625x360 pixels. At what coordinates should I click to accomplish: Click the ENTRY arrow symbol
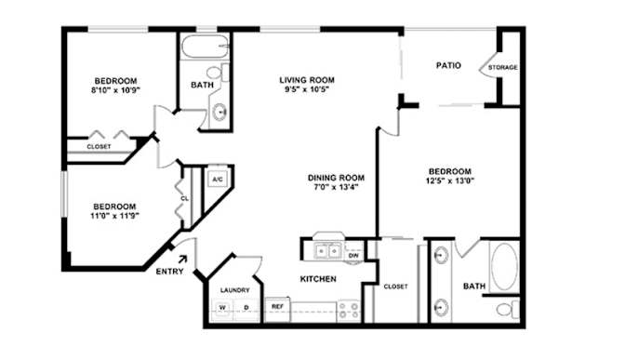pyautogui.click(x=182, y=260)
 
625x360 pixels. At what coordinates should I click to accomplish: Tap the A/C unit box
pyautogui.click(x=218, y=180)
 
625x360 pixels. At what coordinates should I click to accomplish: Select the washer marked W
pyautogui.click(x=222, y=308)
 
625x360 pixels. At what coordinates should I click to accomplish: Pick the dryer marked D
pyautogui.click(x=246, y=308)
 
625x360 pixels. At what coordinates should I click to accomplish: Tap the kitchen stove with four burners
pyautogui.click(x=349, y=310)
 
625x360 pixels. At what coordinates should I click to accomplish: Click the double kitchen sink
pyautogui.click(x=328, y=251)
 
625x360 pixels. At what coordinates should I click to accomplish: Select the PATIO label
pyautogui.click(x=448, y=65)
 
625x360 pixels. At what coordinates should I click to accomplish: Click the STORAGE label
pyautogui.click(x=502, y=67)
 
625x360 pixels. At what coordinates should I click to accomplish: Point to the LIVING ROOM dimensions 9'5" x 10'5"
pyautogui.click(x=307, y=89)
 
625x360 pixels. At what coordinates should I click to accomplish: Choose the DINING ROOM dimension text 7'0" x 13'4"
pyautogui.click(x=336, y=187)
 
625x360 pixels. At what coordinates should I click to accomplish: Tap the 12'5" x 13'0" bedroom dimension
pyautogui.click(x=449, y=180)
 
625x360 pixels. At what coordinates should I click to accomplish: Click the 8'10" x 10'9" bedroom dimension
pyautogui.click(x=115, y=90)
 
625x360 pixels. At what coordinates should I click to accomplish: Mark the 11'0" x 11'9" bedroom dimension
pyautogui.click(x=114, y=216)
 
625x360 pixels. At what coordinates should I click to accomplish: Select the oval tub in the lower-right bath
pyautogui.click(x=504, y=266)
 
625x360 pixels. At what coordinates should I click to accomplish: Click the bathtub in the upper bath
pyautogui.click(x=205, y=47)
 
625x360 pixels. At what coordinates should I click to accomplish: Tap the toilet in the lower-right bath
pyautogui.click(x=508, y=309)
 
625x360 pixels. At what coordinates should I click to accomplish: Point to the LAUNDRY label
pyautogui.click(x=234, y=290)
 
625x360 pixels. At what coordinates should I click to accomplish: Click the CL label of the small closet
pyautogui.click(x=184, y=198)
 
